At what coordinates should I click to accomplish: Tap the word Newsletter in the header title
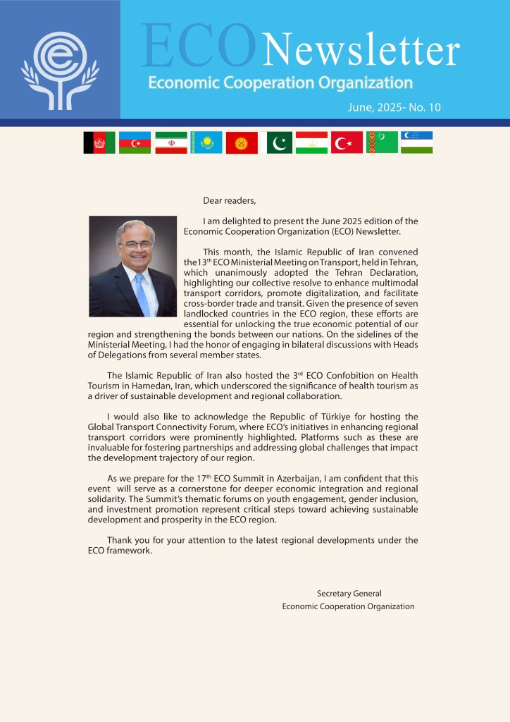tap(361, 51)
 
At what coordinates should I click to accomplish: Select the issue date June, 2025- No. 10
tap(394, 107)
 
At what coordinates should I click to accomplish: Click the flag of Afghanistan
tap(99, 143)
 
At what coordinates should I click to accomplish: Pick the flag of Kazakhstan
tap(206, 143)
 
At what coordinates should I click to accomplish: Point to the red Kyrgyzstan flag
tap(242, 143)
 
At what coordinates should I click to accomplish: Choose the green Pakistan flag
tap(279, 143)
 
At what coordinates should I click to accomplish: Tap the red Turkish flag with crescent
tap(347, 143)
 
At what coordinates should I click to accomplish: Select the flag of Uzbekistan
tap(417, 143)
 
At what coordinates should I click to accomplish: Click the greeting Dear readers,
tap(230, 201)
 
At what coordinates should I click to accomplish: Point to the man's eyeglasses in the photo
tap(136, 245)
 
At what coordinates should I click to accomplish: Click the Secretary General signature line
tap(349, 594)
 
